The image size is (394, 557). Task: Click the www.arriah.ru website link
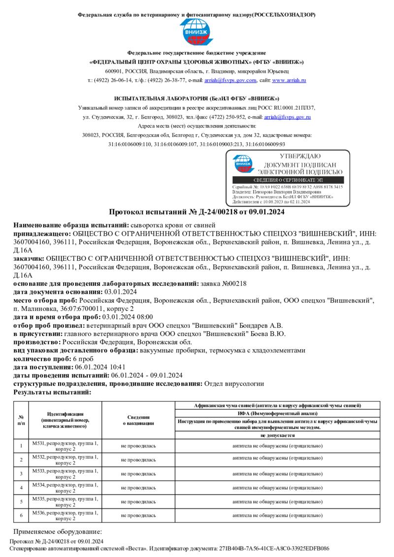[x=289, y=80]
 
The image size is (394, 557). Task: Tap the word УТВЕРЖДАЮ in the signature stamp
[x=299, y=156]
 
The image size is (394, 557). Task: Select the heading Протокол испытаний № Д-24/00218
[x=197, y=212]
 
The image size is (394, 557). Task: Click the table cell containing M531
[x=65, y=446]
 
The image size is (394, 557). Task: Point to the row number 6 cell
[x=21, y=515]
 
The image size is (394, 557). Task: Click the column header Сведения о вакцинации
[x=138, y=419]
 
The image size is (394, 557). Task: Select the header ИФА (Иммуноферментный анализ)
[x=277, y=413]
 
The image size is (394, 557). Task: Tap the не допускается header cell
[x=277, y=435]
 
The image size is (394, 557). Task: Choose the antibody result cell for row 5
[x=277, y=501]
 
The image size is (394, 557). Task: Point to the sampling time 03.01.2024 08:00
[x=127, y=317]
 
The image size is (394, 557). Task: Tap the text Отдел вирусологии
[x=234, y=383]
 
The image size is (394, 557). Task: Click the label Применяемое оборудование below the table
[x=57, y=532]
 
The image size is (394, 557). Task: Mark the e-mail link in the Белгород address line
[x=287, y=117]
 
